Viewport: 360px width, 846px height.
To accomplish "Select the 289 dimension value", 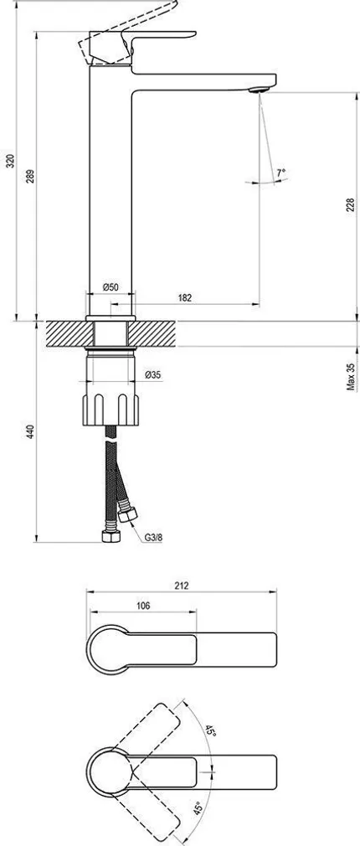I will point(31,178).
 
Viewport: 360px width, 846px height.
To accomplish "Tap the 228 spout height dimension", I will point(350,206).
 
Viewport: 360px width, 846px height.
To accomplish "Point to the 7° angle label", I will point(281,173).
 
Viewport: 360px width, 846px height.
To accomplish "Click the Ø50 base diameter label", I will point(111,286).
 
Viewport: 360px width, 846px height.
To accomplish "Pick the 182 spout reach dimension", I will point(185,297).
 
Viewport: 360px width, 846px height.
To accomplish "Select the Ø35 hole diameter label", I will point(152,374).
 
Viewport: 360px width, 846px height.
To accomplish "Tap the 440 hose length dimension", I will point(31,432).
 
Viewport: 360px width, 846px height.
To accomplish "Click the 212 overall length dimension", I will point(183,585).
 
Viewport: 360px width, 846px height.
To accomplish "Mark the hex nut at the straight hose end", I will point(109,536).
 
